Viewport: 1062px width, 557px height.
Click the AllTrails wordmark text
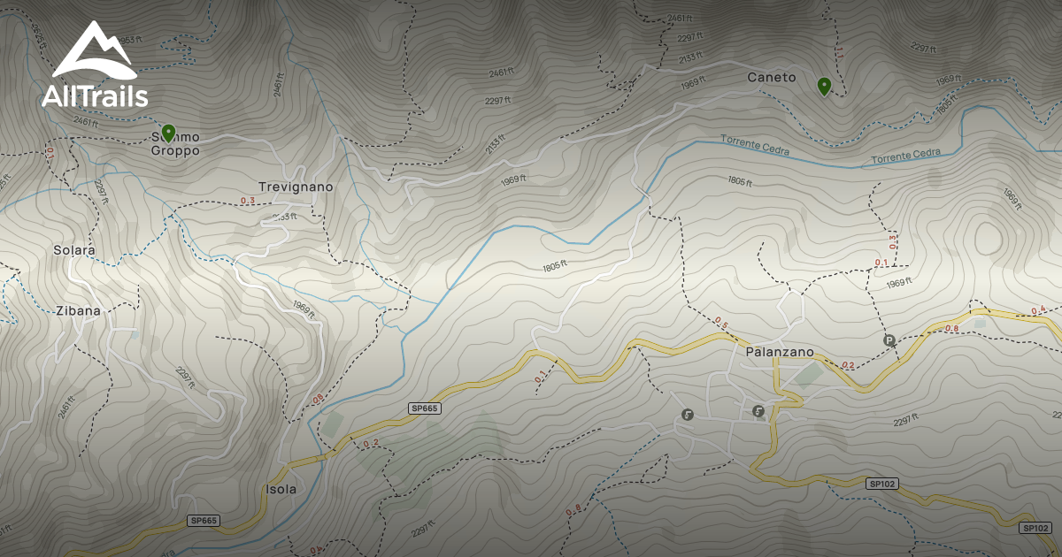tap(95, 96)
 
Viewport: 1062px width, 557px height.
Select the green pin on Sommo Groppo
tap(168, 133)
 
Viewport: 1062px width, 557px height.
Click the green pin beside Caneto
tap(824, 86)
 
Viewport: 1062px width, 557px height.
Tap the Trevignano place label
tap(296, 187)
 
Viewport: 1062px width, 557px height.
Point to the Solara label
tap(73, 250)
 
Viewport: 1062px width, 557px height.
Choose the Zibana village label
tap(78, 311)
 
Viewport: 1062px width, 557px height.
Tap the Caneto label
tap(772, 78)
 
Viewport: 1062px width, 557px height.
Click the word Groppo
tap(174, 151)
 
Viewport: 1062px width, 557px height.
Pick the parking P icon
tap(889, 340)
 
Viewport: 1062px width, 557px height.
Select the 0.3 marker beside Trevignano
tap(248, 201)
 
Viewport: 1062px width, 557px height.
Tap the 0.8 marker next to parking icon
tap(952, 329)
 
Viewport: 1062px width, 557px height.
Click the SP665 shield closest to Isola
tap(204, 521)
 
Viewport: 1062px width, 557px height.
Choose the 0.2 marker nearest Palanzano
tap(848, 365)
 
